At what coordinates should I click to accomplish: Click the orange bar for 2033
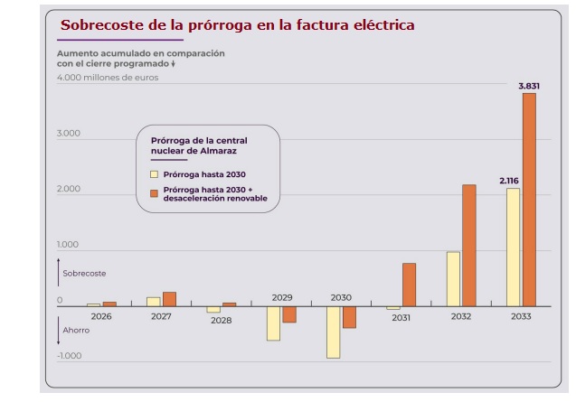(529, 200)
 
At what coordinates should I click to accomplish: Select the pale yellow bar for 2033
(513, 248)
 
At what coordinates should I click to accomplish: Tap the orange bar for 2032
(468, 246)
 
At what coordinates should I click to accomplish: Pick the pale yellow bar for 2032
(453, 279)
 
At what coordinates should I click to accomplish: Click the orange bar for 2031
(409, 285)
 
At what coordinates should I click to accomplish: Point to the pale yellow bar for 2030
(334, 332)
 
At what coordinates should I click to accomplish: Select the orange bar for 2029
(289, 314)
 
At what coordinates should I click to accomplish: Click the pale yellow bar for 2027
(154, 302)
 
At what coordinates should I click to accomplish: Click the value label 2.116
(510, 181)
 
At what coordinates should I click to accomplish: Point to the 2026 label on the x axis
(101, 316)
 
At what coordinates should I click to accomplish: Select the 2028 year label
(221, 321)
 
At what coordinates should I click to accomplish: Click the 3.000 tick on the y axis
(69, 134)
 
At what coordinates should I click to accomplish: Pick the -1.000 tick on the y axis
(69, 356)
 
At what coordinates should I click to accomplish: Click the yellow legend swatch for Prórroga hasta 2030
(155, 173)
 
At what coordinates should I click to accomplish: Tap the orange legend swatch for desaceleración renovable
(155, 193)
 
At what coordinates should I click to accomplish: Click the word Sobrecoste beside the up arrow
(84, 273)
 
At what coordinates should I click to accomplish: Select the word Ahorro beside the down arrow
(76, 330)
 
